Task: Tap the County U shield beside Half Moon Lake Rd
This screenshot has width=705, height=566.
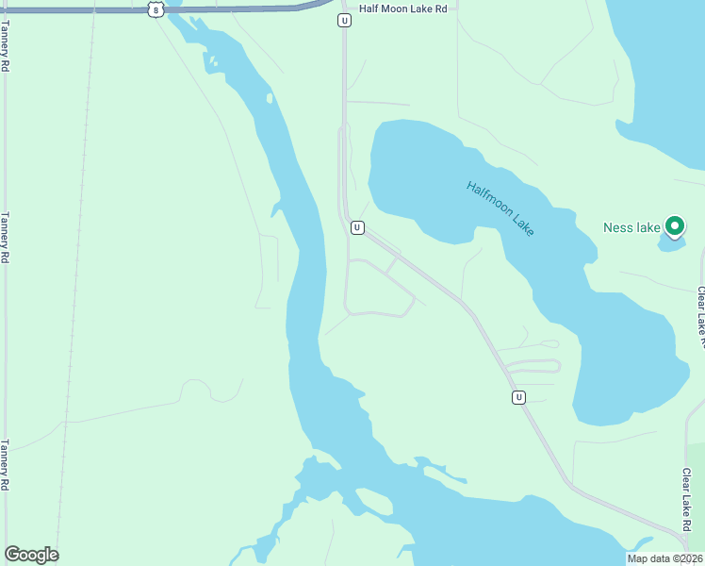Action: click(345, 20)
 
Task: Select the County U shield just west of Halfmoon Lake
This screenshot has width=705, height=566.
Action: click(357, 227)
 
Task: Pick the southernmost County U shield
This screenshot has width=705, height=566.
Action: click(518, 397)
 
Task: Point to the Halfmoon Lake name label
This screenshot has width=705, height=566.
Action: click(500, 208)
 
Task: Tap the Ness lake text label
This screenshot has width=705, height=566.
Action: click(631, 227)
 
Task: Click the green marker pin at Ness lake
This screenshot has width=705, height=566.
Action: click(674, 226)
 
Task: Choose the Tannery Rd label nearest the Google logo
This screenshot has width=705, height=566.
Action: click(6, 465)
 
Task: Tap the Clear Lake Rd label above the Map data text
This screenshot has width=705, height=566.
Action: click(687, 499)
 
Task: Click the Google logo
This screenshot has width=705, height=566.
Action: click(31, 555)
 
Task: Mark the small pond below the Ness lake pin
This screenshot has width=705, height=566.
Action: click(670, 244)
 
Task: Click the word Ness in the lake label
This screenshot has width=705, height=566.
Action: click(617, 227)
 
